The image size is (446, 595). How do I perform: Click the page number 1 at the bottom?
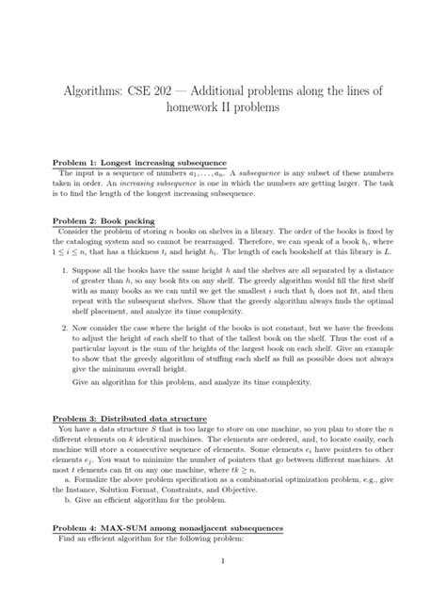(x=222, y=563)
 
